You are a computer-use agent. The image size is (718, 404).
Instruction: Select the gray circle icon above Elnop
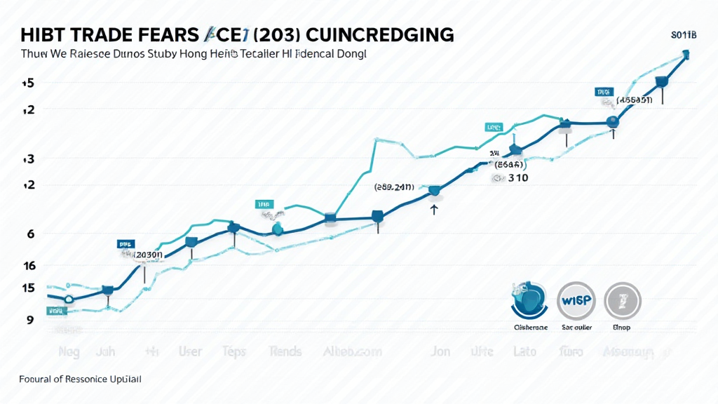[622, 301]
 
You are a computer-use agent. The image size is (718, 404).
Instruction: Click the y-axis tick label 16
[29, 266]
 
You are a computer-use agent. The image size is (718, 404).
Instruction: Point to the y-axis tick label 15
[28, 288]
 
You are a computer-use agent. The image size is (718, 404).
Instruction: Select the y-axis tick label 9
[30, 320]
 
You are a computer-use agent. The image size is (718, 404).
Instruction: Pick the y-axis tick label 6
[30, 234]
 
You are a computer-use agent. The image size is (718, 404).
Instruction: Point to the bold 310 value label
[517, 178]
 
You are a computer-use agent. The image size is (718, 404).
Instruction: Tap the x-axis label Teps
[233, 351]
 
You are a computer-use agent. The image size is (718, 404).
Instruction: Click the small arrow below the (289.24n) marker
[434, 209]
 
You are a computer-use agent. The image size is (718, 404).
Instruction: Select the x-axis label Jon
[440, 351]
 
